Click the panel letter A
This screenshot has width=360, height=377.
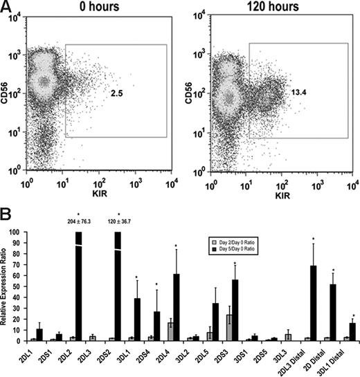pos(8,8)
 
